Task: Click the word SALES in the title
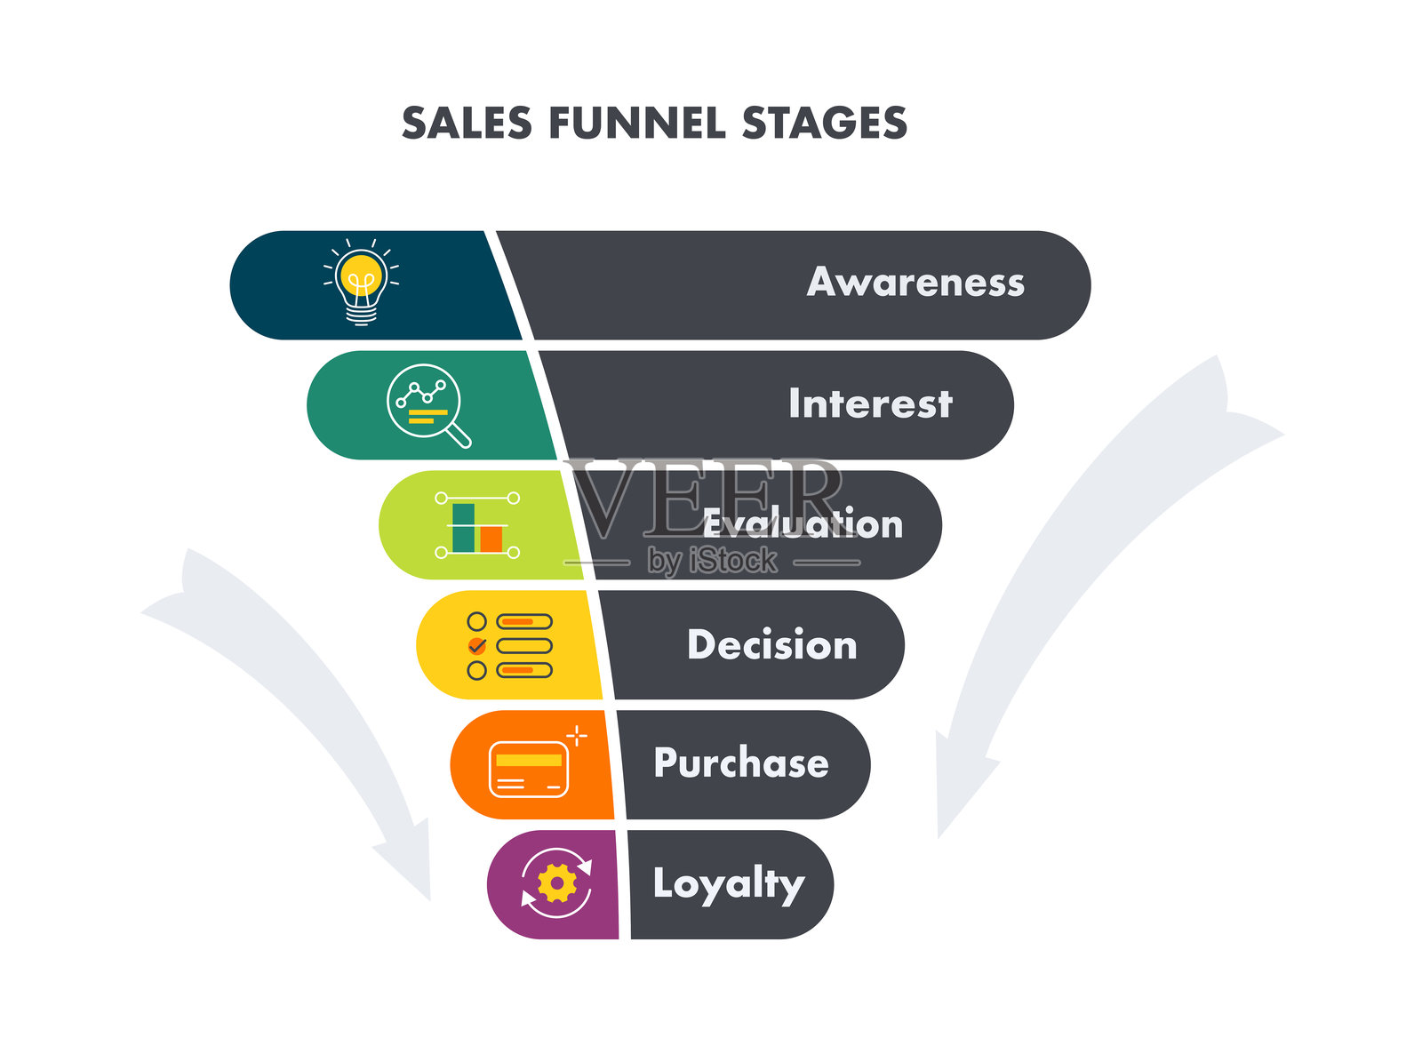(x=467, y=123)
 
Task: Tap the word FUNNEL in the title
(x=636, y=123)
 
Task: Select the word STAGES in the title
(x=824, y=123)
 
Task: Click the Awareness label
(x=915, y=283)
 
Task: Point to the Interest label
(x=870, y=403)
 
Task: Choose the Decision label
(x=771, y=644)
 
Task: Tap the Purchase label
(x=741, y=763)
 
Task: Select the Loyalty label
(x=728, y=884)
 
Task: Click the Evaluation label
(x=803, y=524)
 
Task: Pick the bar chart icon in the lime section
(x=477, y=526)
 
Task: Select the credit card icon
(x=529, y=768)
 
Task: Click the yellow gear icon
(x=557, y=883)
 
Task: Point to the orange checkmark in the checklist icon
(x=477, y=645)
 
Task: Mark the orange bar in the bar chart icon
(x=491, y=539)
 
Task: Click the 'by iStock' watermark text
(x=712, y=561)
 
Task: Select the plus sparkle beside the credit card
(x=577, y=736)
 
